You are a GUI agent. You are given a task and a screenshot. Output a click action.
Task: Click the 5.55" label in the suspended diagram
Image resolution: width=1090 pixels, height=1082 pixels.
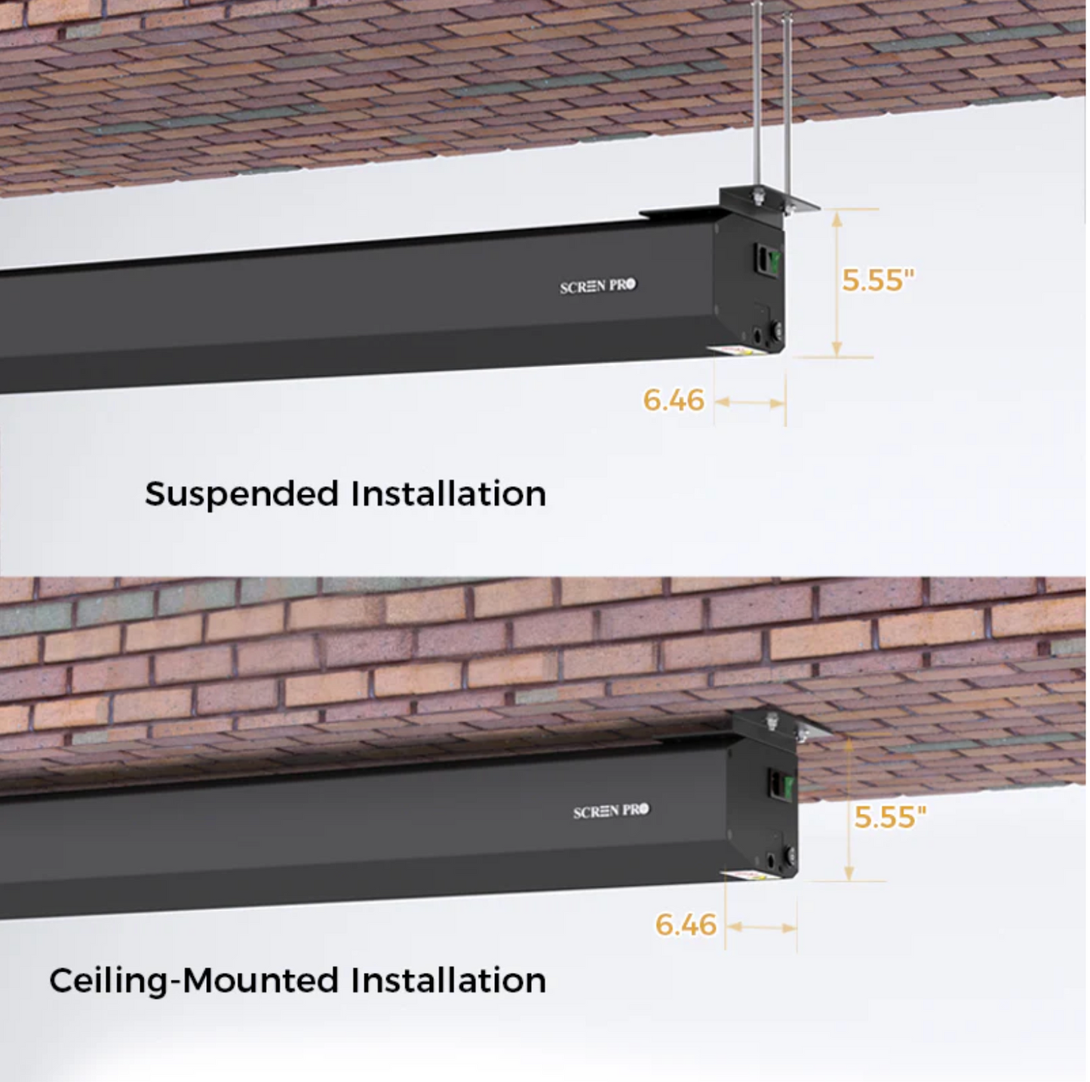(877, 280)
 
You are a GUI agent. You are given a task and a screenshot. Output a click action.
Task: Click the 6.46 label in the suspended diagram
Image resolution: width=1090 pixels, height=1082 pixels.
(674, 400)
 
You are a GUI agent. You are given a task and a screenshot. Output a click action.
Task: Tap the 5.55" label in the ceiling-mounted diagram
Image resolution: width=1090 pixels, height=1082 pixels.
(889, 816)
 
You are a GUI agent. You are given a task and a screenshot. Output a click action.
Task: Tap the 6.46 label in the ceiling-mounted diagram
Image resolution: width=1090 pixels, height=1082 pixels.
(686, 925)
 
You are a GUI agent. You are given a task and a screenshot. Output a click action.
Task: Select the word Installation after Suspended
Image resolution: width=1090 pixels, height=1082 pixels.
(448, 494)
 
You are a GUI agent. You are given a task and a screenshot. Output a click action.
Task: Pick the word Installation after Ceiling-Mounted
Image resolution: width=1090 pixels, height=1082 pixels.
(448, 980)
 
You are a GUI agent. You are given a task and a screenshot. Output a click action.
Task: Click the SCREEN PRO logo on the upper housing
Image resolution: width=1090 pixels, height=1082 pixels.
(597, 286)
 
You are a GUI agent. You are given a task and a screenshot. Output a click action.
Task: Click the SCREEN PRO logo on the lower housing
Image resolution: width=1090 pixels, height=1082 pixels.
(610, 811)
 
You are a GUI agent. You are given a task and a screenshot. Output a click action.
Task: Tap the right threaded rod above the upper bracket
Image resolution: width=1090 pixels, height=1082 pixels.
(787, 106)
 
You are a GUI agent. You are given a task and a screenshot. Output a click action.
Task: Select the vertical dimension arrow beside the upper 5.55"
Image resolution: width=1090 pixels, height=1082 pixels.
(837, 283)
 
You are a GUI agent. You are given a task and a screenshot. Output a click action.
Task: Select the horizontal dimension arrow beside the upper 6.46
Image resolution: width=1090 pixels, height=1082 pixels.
(750, 403)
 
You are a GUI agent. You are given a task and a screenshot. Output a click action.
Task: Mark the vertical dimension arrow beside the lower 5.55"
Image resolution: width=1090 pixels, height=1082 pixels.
(849, 811)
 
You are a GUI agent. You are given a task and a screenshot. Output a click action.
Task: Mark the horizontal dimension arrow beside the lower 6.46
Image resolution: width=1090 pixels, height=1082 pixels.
(761, 927)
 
